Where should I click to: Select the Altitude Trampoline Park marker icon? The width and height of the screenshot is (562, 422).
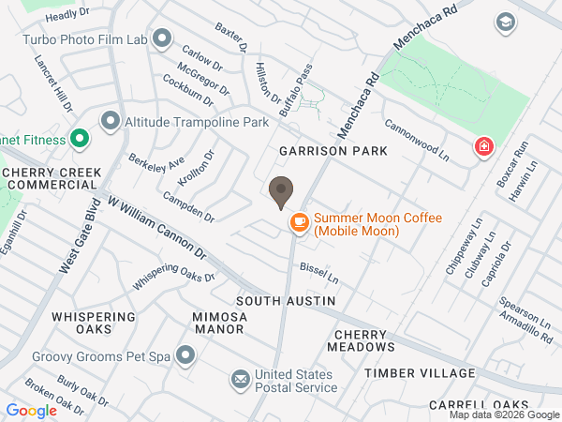[110, 121]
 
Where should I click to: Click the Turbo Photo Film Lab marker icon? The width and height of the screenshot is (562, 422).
[162, 38]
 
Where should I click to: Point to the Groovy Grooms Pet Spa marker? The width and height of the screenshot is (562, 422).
[185, 355]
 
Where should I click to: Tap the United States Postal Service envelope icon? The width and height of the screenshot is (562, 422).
[241, 379]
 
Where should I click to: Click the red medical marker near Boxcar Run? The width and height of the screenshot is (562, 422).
[483, 146]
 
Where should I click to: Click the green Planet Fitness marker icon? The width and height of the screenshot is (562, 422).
[80, 140]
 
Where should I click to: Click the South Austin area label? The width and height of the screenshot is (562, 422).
[285, 301]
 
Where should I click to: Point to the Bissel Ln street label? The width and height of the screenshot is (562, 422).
[318, 274]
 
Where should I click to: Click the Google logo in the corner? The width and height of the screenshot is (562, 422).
[31, 410]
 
